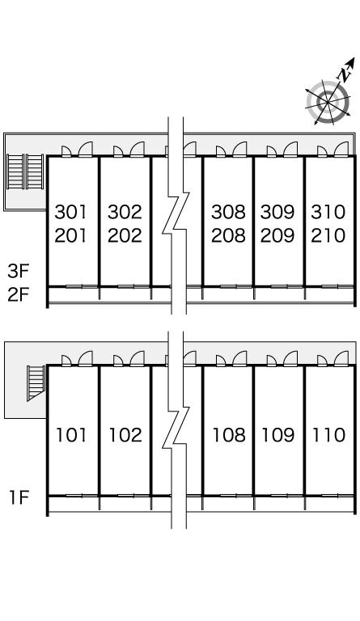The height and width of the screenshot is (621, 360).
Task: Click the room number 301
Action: pyautogui.click(x=70, y=212)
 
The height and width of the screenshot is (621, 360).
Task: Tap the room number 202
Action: pyautogui.click(x=125, y=235)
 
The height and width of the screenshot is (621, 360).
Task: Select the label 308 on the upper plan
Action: pyautogui.click(x=228, y=212)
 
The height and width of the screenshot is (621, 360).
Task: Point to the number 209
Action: pyautogui.click(x=277, y=235)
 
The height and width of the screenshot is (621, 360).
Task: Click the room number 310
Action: pyautogui.click(x=328, y=212)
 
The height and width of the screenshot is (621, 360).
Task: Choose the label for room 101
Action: pyautogui.click(x=71, y=435)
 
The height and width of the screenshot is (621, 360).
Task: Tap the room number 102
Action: pyautogui.click(x=125, y=435)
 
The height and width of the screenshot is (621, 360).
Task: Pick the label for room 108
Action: pyautogui.click(x=229, y=435)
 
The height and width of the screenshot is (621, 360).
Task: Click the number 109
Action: pyautogui.click(x=278, y=435)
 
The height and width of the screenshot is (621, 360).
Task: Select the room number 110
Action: pyautogui.click(x=328, y=435)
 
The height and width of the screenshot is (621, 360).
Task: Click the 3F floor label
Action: pyautogui.click(x=19, y=272)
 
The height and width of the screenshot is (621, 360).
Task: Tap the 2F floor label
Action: pyautogui.click(x=19, y=294)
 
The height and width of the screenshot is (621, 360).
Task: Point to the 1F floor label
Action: pyautogui.click(x=19, y=497)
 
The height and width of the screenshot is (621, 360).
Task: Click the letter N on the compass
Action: pyautogui.click(x=344, y=74)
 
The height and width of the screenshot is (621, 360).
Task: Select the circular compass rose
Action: pyautogui.click(x=328, y=102)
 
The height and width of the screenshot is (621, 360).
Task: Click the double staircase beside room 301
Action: pyautogui.click(x=25, y=172)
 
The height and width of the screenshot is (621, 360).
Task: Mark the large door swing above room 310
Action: pyautogui.click(x=341, y=150)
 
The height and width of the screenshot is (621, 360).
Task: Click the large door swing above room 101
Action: pyautogui.click(x=86, y=358)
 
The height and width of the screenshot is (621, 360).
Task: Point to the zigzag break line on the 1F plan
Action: pyautogui.click(x=176, y=429)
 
